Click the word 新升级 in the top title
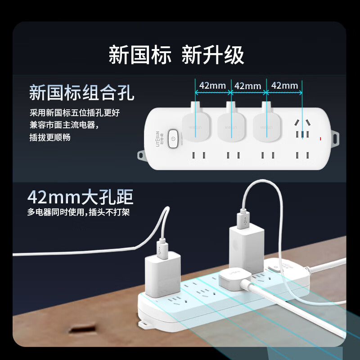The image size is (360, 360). (212, 55)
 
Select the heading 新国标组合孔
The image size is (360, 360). (81, 94)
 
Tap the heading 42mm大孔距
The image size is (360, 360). (80, 197)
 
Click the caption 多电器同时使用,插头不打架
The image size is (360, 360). (78, 211)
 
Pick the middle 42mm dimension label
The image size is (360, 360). (248, 85)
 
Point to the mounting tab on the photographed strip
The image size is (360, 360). (145, 324)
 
